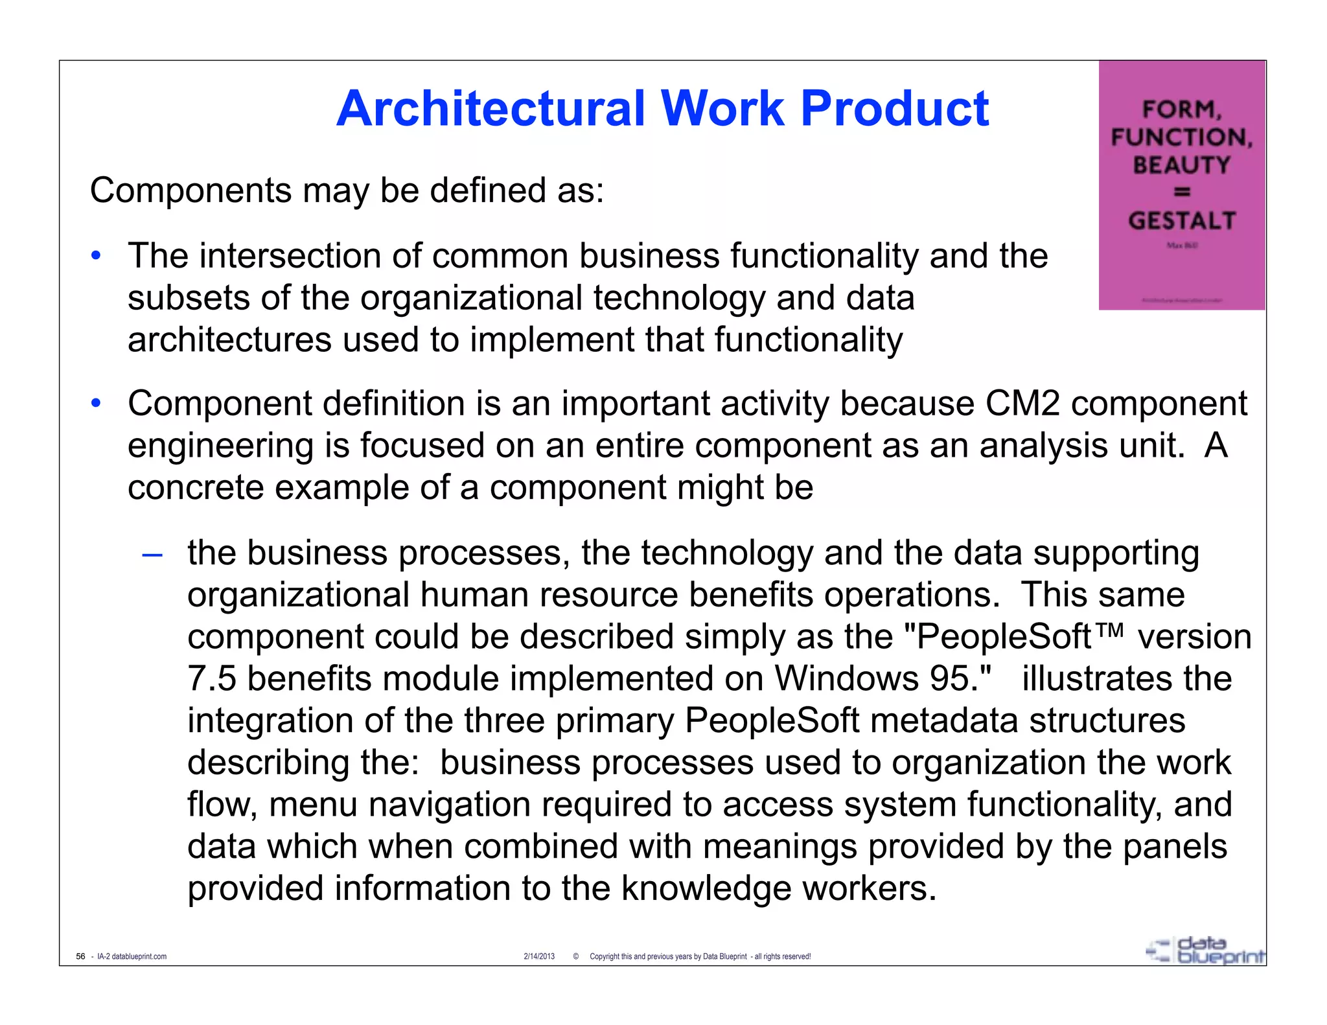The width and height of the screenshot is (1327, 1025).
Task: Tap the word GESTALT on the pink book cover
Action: click(x=1182, y=221)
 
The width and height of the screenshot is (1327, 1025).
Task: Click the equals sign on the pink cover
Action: click(x=1182, y=192)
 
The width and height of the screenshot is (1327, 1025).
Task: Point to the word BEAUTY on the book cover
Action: click(x=1181, y=165)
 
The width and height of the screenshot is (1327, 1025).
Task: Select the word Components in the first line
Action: click(x=190, y=191)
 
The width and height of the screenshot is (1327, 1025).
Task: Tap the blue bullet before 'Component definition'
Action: click(x=96, y=403)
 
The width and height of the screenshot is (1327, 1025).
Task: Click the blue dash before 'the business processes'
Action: click(x=152, y=555)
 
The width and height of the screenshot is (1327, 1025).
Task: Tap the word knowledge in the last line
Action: click(x=706, y=888)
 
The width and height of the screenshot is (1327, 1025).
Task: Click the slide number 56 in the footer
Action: click(x=80, y=956)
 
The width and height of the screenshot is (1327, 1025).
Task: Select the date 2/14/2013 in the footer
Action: click(x=539, y=956)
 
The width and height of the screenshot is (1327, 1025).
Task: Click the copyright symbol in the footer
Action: click(x=576, y=956)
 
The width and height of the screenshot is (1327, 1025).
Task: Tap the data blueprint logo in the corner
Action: click(x=1205, y=951)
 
